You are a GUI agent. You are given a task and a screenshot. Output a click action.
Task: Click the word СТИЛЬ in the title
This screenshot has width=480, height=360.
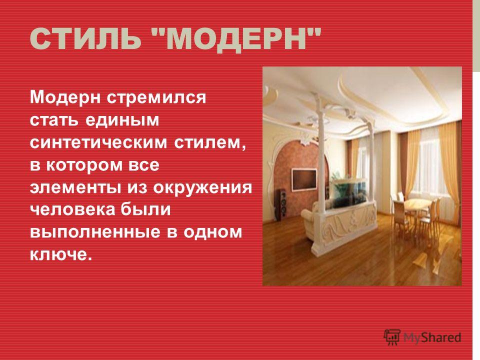[84, 39]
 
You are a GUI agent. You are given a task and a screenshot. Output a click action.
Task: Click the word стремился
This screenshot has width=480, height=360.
[156, 97]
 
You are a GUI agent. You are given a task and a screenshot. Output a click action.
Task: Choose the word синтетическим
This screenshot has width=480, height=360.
[98, 142]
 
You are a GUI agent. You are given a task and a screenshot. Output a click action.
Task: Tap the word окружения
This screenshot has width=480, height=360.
[202, 187]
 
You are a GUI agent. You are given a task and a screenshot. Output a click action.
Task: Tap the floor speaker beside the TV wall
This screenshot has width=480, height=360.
[282, 204]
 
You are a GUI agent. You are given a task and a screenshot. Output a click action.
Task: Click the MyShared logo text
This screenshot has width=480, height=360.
[431, 337]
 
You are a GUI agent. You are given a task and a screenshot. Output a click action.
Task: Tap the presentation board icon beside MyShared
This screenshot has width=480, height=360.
[392, 337]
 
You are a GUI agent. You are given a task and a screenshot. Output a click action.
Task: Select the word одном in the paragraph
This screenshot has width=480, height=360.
[213, 232]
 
